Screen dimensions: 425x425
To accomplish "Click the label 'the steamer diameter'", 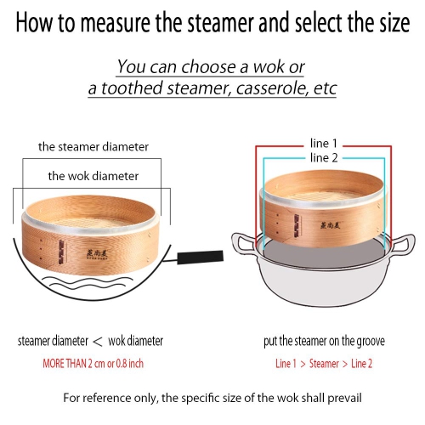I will (93, 147).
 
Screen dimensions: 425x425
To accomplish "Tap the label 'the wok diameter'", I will (93, 176).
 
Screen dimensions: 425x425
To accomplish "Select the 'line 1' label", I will (324, 143).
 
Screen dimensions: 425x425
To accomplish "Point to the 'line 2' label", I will (324, 157).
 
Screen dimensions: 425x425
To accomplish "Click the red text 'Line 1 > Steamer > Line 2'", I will (323, 362).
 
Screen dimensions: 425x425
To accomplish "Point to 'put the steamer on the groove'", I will (323, 341).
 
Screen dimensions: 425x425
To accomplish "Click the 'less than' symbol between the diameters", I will (98, 341).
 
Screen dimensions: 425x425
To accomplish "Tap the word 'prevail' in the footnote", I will (340, 397).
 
